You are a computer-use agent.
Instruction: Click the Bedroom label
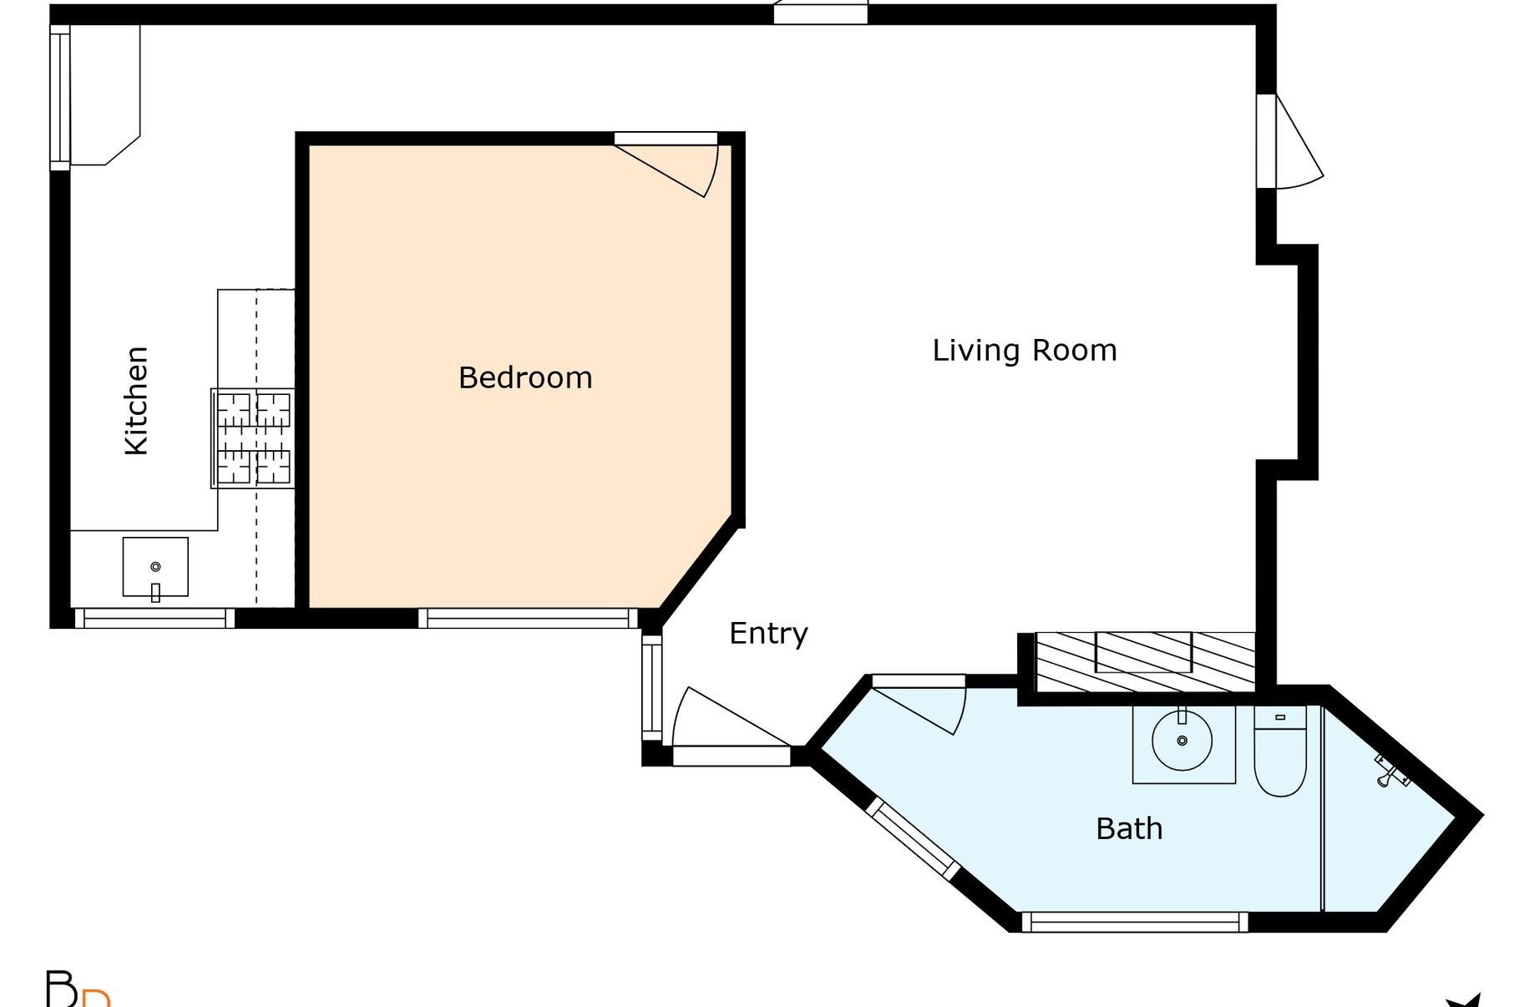(525, 378)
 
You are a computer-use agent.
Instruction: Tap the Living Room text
(1025, 351)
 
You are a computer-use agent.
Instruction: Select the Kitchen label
(136, 401)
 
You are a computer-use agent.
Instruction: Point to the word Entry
(768, 634)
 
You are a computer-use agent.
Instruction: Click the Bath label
(1129, 829)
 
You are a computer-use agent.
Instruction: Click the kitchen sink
(155, 567)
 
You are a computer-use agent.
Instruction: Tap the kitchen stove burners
(253, 438)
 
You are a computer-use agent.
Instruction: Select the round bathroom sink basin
(1182, 740)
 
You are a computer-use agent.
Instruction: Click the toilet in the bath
(1280, 751)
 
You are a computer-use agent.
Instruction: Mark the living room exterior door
(1289, 141)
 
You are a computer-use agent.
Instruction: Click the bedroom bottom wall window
(528, 619)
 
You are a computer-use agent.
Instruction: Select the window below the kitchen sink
(154, 619)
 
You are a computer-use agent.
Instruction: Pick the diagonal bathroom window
(913, 838)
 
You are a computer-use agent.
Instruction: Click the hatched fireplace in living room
(1145, 662)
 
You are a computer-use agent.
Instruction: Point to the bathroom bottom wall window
(1135, 922)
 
